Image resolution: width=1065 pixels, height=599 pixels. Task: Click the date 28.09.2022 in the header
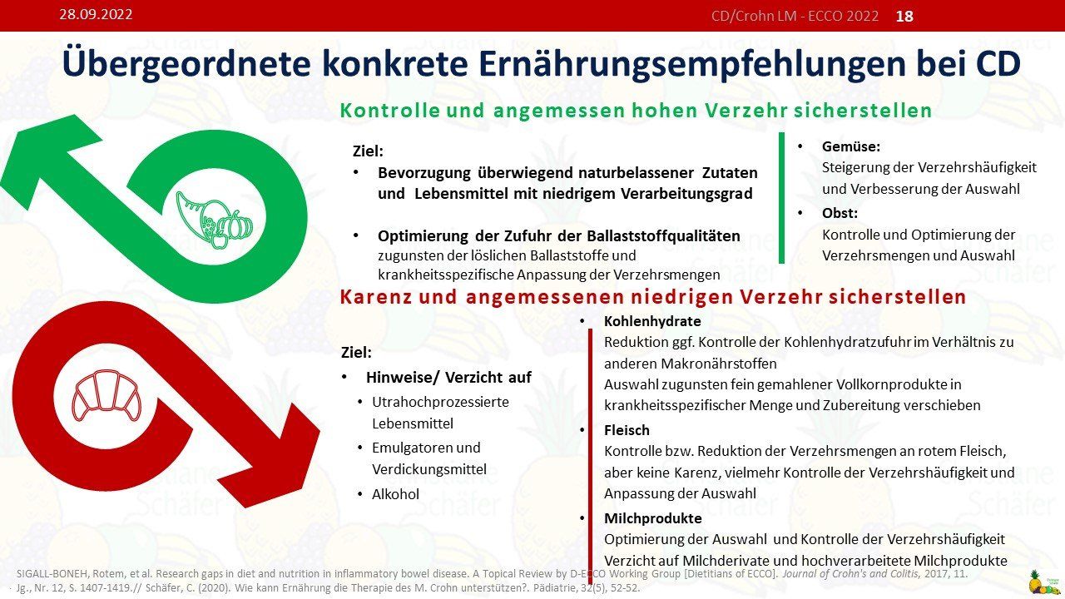pyautogui.click(x=96, y=14)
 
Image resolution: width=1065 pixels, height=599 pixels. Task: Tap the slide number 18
pyautogui.click(x=904, y=16)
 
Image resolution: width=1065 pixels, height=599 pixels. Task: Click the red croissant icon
pyautogui.click(x=106, y=396)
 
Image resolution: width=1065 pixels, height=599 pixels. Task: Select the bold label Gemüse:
pyautogui.click(x=851, y=146)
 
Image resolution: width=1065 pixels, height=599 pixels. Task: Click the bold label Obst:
pyautogui.click(x=840, y=213)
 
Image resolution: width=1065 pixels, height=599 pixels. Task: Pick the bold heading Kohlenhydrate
pyautogui.click(x=652, y=321)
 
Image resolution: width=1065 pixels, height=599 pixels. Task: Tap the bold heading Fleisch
pyautogui.click(x=627, y=430)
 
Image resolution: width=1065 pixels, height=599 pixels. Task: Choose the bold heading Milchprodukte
pyautogui.click(x=653, y=518)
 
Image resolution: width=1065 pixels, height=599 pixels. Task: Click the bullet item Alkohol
pyautogui.click(x=395, y=494)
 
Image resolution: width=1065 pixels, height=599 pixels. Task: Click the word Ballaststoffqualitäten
pyautogui.click(x=663, y=235)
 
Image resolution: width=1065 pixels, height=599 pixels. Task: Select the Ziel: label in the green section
pyautogui.click(x=368, y=151)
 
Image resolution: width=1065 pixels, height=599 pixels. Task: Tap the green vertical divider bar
pyautogui.click(x=781, y=198)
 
